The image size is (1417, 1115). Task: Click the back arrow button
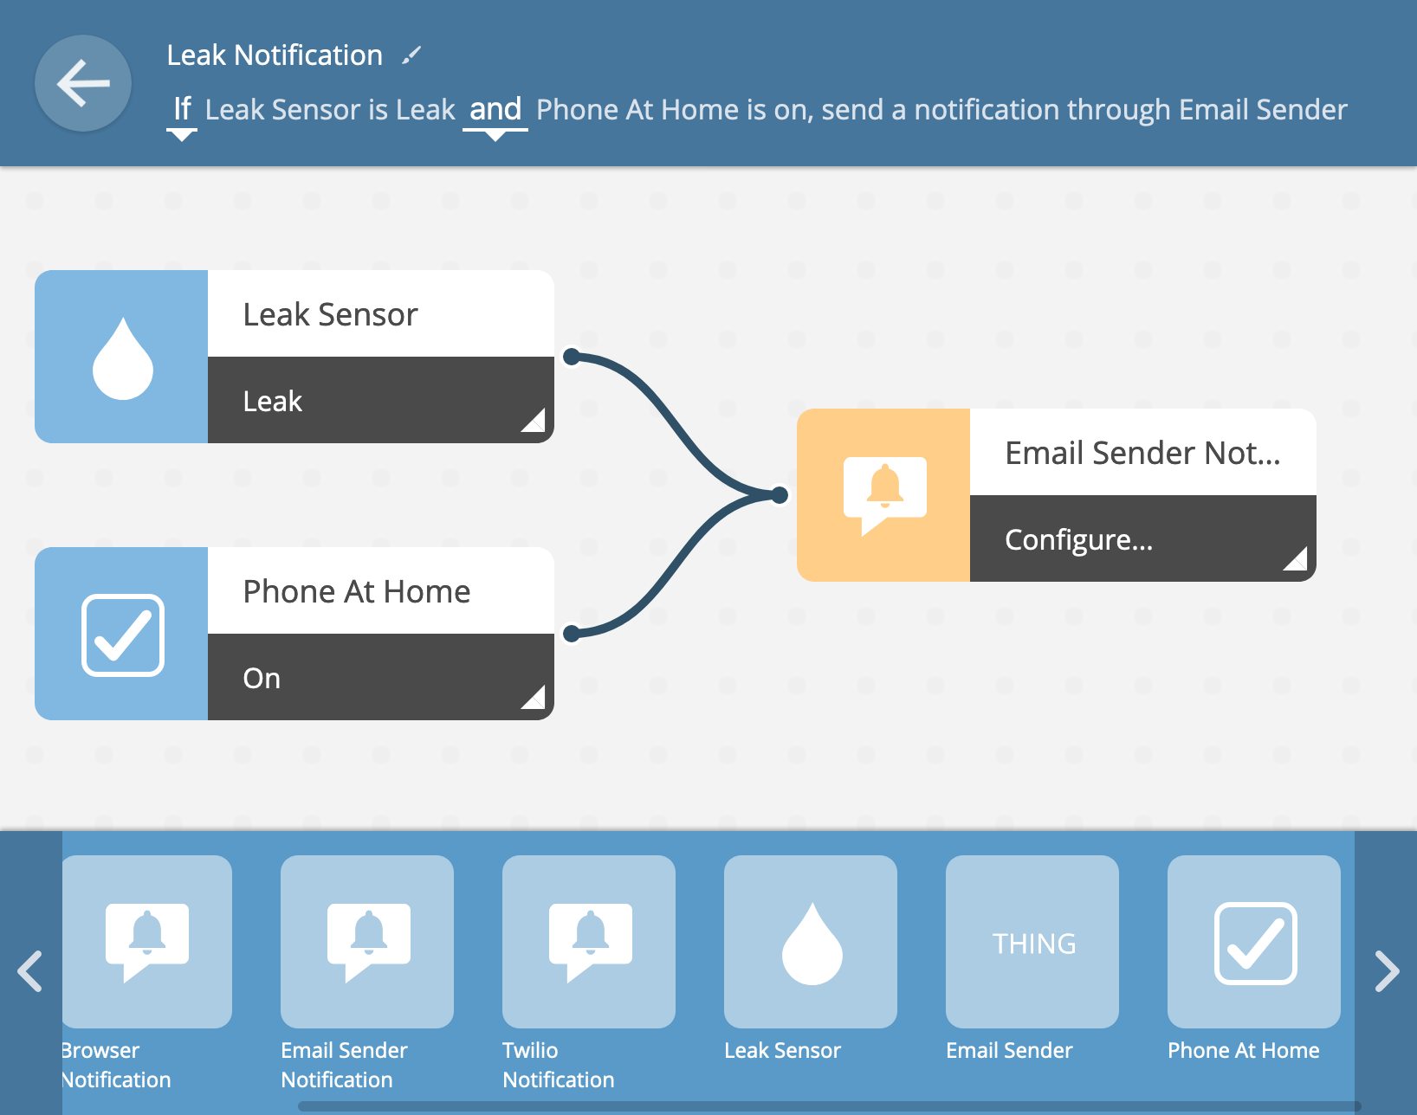pyautogui.click(x=83, y=83)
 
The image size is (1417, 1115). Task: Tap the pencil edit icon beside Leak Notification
pyautogui.click(x=411, y=55)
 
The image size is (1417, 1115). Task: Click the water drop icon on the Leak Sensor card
pyautogui.click(x=122, y=358)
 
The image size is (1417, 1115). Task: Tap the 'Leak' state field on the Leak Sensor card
pyautogui.click(x=380, y=400)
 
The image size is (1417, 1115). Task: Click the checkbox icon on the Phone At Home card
pyautogui.click(x=122, y=635)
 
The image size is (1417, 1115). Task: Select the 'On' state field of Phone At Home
pyautogui.click(x=380, y=677)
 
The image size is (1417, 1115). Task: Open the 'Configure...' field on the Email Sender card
pyautogui.click(x=1143, y=538)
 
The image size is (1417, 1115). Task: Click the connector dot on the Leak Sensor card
pyautogui.click(x=572, y=357)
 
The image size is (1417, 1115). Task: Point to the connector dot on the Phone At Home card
pyautogui.click(x=572, y=634)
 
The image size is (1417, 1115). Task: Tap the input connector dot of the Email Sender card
pyautogui.click(x=780, y=495)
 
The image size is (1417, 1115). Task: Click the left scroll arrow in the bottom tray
pyautogui.click(x=29, y=970)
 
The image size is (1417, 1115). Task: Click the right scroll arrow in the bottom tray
pyautogui.click(x=1387, y=970)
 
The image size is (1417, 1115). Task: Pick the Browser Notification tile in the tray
pyautogui.click(x=146, y=941)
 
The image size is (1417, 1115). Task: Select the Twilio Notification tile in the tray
pyautogui.click(x=589, y=941)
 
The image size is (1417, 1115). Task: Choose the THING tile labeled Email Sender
pyautogui.click(x=1032, y=941)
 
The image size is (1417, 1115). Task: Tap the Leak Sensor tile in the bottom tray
pyautogui.click(x=811, y=941)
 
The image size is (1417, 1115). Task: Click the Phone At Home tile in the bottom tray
pyautogui.click(x=1254, y=941)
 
